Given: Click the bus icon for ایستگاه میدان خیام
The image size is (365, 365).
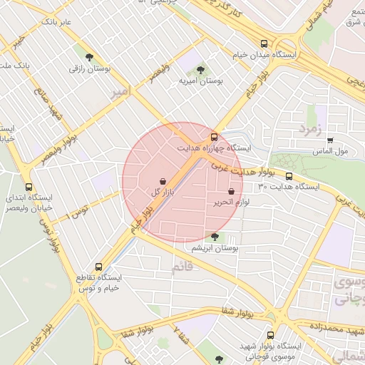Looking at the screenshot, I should click(x=264, y=43).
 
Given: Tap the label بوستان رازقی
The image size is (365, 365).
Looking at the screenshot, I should click(x=88, y=69).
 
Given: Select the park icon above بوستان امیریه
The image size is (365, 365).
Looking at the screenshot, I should click(x=200, y=69).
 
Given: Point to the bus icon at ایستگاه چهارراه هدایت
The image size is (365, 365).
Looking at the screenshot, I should click(x=213, y=136).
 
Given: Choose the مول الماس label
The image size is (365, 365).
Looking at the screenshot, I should click(x=329, y=151).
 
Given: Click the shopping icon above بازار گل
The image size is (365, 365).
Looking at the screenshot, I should click(x=163, y=181).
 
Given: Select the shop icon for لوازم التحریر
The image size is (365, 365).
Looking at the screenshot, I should click(x=231, y=191).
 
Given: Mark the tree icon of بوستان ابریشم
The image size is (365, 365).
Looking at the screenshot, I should click(x=215, y=236).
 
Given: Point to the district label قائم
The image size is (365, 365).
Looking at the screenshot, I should click(x=182, y=267).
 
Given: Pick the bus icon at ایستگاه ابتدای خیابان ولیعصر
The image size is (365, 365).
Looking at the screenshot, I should click(x=29, y=187).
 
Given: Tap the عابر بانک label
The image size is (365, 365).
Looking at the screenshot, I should click(x=56, y=22).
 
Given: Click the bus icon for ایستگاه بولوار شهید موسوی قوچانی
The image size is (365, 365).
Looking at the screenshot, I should click(x=269, y=334).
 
